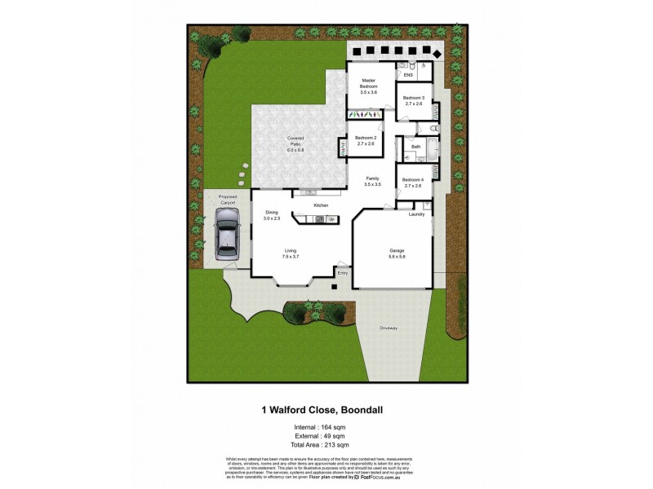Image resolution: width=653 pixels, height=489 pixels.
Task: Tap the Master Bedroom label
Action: click(x=369, y=86)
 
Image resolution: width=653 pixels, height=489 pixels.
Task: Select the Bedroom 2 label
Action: click(x=366, y=139)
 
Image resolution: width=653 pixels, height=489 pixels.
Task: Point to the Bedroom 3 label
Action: click(x=414, y=100)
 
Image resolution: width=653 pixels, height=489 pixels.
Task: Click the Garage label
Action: click(x=397, y=253)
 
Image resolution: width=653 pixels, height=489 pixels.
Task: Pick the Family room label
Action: click(x=372, y=181)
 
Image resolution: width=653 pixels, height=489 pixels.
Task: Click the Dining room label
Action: click(x=271, y=214)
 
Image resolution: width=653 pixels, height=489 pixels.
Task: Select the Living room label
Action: click(x=290, y=253)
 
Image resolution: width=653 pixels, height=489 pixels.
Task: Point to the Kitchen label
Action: click(x=321, y=205)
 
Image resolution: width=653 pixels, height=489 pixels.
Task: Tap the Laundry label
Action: click(x=416, y=214)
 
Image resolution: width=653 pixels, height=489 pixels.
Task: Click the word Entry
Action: click(x=342, y=273)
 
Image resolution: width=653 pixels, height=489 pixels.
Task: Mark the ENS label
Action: click(x=408, y=75)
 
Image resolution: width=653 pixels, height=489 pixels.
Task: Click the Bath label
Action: click(x=415, y=147)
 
